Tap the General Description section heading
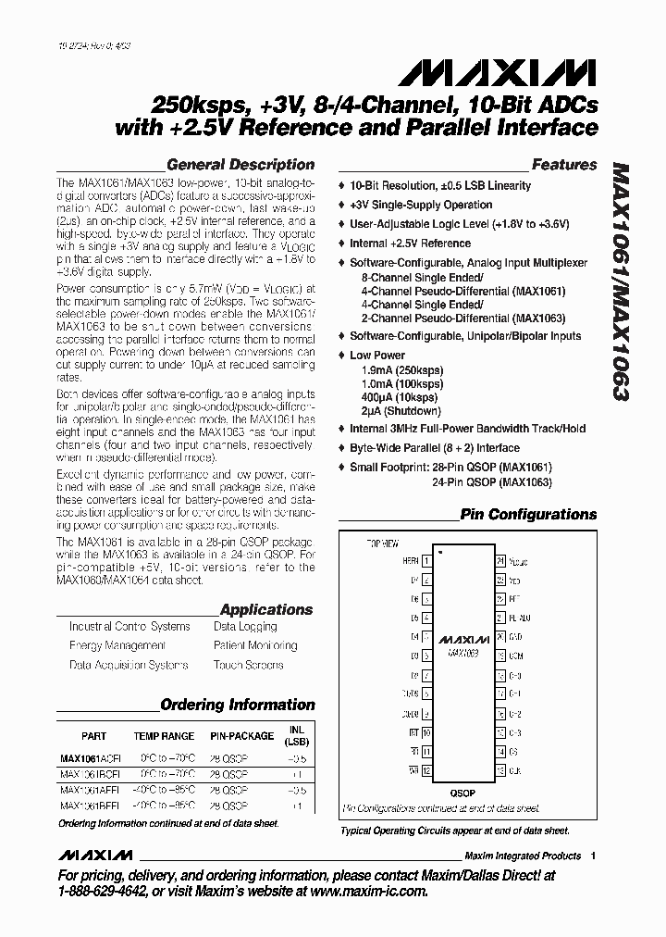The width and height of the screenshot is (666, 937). (x=240, y=165)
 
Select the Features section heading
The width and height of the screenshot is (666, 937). (x=564, y=165)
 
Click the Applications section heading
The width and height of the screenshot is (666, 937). (x=266, y=609)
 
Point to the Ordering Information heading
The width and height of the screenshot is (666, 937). (x=238, y=705)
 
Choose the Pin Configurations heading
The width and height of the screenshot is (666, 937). (x=528, y=515)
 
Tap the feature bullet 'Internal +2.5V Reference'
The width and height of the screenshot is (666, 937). (x=410, y=244)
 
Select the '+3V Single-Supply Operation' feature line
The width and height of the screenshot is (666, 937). (x=420, y=205)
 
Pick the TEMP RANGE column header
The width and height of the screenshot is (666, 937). (x=164, y=737)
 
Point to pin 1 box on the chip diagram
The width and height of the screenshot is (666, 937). (x=427, y=561)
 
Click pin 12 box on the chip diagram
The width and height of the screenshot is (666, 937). (x=427, y=769)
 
